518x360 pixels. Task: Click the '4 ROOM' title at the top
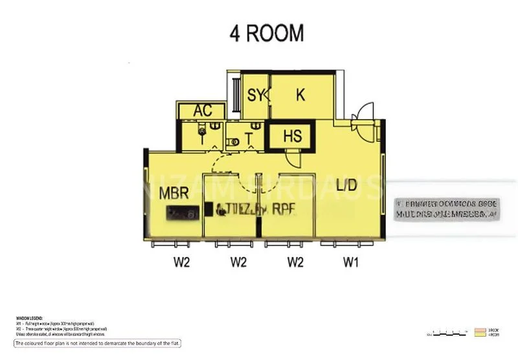tap(266, 34)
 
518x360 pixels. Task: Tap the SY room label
tap(256, 96)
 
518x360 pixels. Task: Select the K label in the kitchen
tap(300, 95)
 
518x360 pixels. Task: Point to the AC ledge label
tap(203, 111)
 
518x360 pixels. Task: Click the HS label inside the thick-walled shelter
tap(293, 137)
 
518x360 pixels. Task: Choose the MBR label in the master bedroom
tap(175, 193)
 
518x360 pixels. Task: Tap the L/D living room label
tap(346, 185)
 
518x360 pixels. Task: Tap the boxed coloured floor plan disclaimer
tap(97, 343)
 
